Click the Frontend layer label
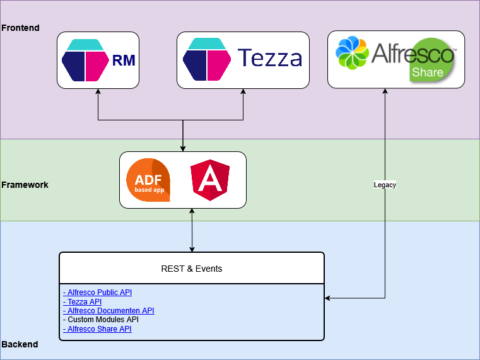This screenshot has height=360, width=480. [x=20, y=28]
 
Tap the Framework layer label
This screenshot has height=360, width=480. [x=25, y=185]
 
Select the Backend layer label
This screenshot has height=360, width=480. [x=20, y=345]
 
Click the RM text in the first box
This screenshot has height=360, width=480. [x=124, y=61]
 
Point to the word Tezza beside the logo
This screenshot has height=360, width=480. [x=270, y=59]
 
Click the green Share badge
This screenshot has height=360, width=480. [x=428, y=71]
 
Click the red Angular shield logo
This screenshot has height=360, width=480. [x=210, y=180]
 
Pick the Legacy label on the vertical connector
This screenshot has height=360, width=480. [x=385, y=185]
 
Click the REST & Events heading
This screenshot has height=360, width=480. [x=192, y=269]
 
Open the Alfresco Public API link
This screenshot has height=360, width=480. [x=97, y=293]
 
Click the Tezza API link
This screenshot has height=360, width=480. [x=82, y=302]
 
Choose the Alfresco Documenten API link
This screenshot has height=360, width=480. [x=108, y=311]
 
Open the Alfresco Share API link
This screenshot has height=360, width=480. [x=97, y=329]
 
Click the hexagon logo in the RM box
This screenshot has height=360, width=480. [x=85, y=60]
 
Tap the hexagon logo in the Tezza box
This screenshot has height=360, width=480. [x=206, y=60]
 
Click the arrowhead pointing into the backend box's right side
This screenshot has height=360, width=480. [x=328, y=298]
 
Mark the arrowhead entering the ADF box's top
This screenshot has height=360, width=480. [x=183, y=148]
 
